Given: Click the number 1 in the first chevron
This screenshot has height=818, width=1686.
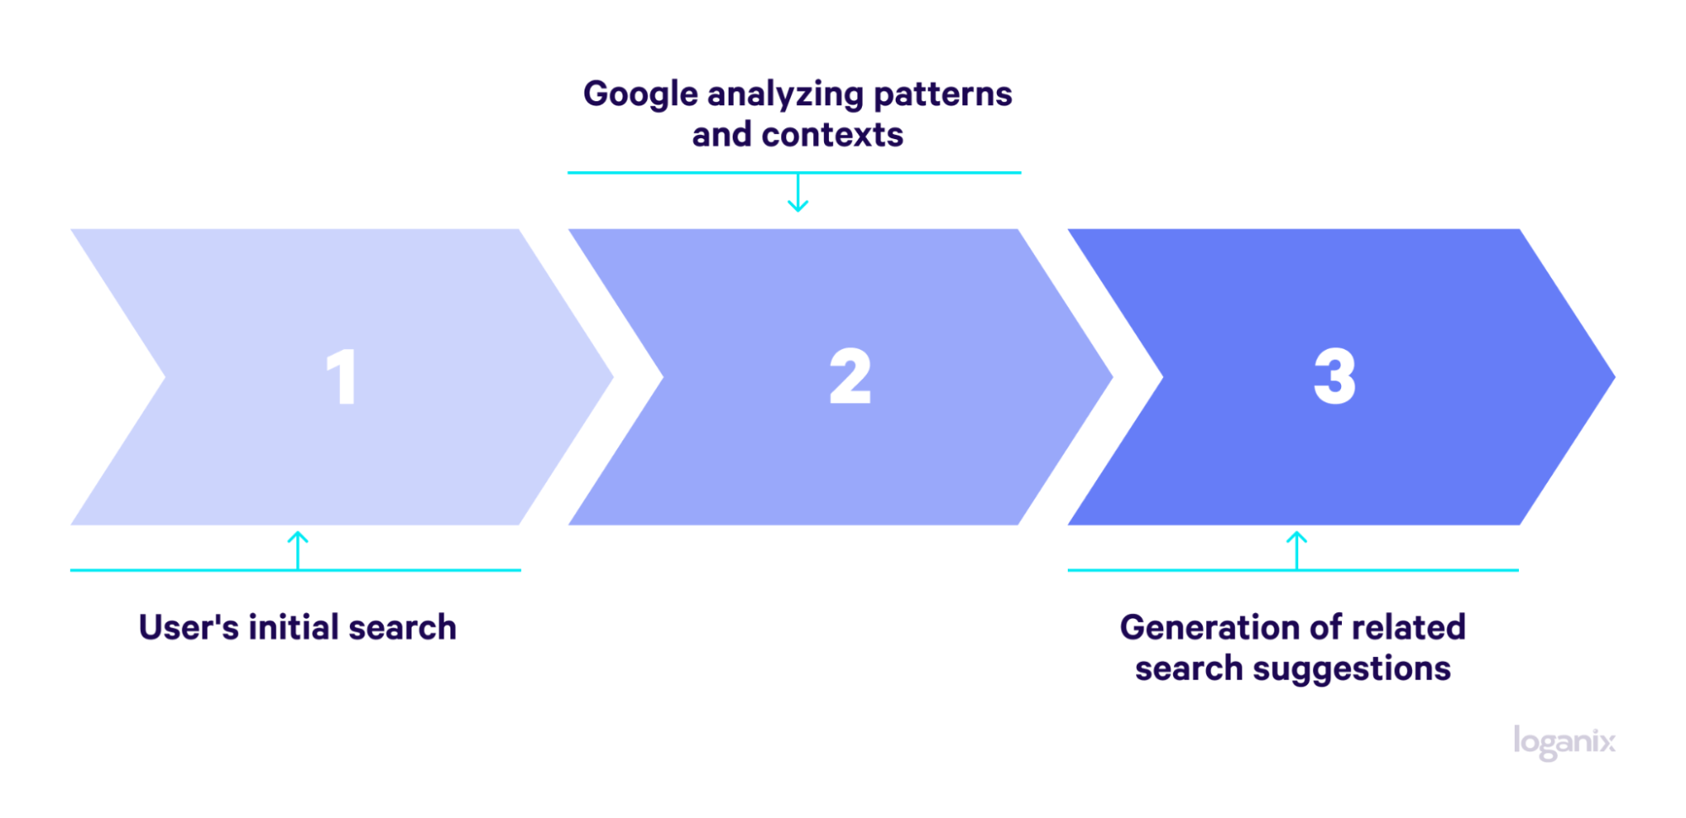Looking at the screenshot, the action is point(342,376).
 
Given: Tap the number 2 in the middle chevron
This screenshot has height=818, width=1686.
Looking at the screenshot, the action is point(849,376).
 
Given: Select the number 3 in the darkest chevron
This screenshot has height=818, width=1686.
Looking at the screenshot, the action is point(1334,376).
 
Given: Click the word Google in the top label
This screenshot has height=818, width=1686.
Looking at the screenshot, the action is point(640,95).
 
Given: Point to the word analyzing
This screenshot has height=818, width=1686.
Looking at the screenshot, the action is point(785,95).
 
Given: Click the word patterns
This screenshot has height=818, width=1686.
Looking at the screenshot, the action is point(942,95).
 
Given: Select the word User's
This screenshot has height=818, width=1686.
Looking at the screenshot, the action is point(189,627).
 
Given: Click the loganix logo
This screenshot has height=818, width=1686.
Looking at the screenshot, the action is point(1564,743).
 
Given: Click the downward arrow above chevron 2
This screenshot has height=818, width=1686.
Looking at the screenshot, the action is point(798,192).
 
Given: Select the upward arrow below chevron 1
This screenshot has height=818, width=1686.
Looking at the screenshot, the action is point(298,551).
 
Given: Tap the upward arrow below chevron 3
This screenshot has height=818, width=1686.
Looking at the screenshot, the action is point(1296,551).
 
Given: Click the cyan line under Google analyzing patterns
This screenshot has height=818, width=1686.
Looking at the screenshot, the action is point(794,173).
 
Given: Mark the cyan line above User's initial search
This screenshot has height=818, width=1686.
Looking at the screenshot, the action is point(295,570).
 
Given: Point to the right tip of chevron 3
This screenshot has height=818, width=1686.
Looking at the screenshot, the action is point(1614,377).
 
